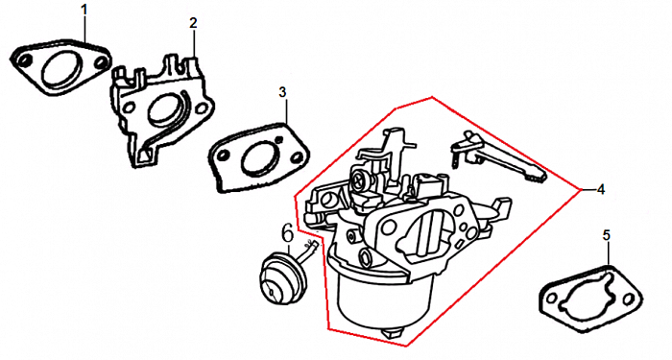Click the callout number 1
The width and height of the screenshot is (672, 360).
click(84, 10)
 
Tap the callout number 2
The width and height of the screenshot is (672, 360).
click(193, 23)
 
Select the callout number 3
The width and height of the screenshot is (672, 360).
click(282, 92)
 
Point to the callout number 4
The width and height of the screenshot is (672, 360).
click(601, 189)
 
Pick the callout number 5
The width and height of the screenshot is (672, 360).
click(606, 235)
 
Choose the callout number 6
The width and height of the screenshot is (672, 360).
click(288, 233)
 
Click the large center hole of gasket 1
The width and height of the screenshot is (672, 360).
click(60, 67)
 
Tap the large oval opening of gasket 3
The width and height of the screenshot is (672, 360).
click(258, 157)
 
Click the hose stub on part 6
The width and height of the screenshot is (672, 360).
click(311, 251)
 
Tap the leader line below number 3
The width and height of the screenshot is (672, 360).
click(285, 110)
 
